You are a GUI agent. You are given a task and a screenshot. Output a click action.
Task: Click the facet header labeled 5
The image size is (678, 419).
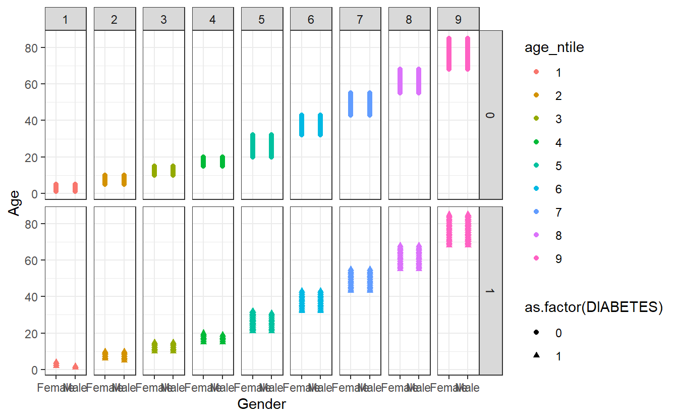pyautogui.click(x=261, y=20)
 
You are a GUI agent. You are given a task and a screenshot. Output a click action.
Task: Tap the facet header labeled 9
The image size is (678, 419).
pyautogui.click(x=458, y=20)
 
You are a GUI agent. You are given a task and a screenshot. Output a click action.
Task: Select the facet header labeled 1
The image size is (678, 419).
pyautogui.click(x=66, y=20)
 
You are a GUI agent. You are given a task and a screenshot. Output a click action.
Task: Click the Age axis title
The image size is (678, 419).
pyautogui.click(x=15, y=202)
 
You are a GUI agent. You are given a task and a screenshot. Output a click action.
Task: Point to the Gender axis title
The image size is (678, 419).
pyautogui.click(x=261, y=404)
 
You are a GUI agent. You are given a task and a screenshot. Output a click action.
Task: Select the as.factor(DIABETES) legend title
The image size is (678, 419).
pyautogui.click(x=593, y=307)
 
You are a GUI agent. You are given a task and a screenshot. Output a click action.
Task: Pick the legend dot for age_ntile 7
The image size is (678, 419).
pyautogui.click(x=536, y=213)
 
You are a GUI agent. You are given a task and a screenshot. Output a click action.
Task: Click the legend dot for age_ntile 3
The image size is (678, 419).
pyautogui.click(x=536, y=119)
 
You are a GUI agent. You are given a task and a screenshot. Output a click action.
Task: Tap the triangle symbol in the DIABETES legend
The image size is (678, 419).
pyautogui.click(x=536, y=356)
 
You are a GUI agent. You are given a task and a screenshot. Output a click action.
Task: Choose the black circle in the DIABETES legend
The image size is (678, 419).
pyautogui.click(x=536, y=333)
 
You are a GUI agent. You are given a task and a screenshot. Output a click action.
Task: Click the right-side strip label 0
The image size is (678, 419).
pyautogui.click(x=490, y=115)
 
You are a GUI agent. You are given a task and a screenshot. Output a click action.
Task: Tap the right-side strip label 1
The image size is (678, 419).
pyautogui.click(x=490, y=291)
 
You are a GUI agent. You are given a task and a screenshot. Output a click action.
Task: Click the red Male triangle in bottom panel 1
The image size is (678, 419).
pyautogui.click(x=75, y=366)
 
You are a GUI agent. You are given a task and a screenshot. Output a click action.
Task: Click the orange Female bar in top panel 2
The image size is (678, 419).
pyautogui.click(x=105, y=180)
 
